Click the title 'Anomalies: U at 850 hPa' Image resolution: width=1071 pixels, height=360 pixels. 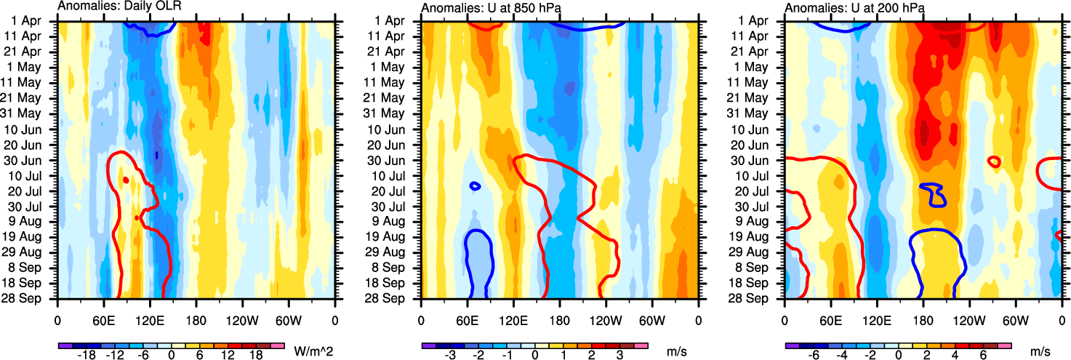tap(482, 7)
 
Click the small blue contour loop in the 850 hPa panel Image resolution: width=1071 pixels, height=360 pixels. tap(475, 186)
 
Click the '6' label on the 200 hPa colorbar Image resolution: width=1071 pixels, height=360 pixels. tap(981, 356)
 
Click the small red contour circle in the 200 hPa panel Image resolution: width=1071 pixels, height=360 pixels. tap(993, 161)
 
